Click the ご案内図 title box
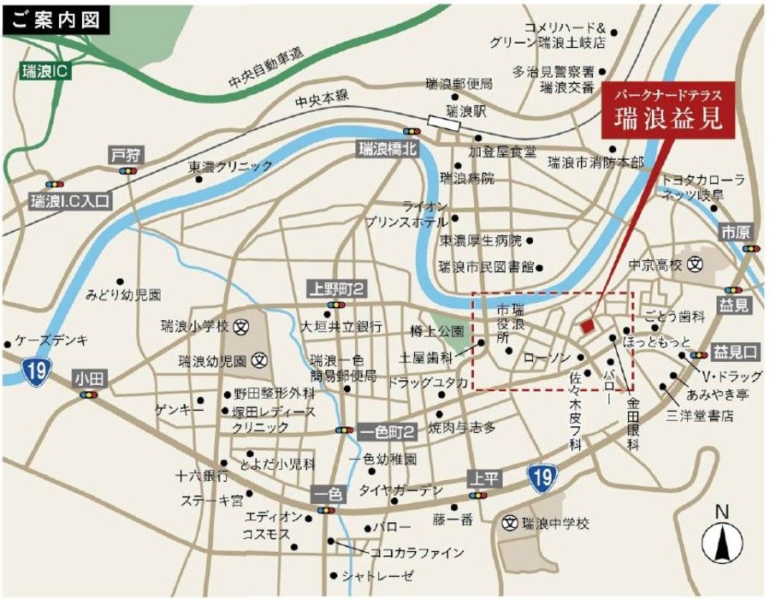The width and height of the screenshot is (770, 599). coord(56,19)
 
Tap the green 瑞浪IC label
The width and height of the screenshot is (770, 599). coord(43,70)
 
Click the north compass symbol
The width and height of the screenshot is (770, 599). coord(720,537)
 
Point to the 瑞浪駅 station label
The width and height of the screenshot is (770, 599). coord(467,111)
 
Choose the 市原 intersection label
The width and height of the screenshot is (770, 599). coord(735,232)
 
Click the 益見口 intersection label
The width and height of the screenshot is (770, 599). coord(736,351)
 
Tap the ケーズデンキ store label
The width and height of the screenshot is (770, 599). coord(52,341)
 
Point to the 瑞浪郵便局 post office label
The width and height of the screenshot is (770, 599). coord(459,84)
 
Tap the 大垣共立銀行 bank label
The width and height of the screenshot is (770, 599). coord(341,326)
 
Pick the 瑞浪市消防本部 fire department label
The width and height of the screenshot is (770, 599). coord(595,162)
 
